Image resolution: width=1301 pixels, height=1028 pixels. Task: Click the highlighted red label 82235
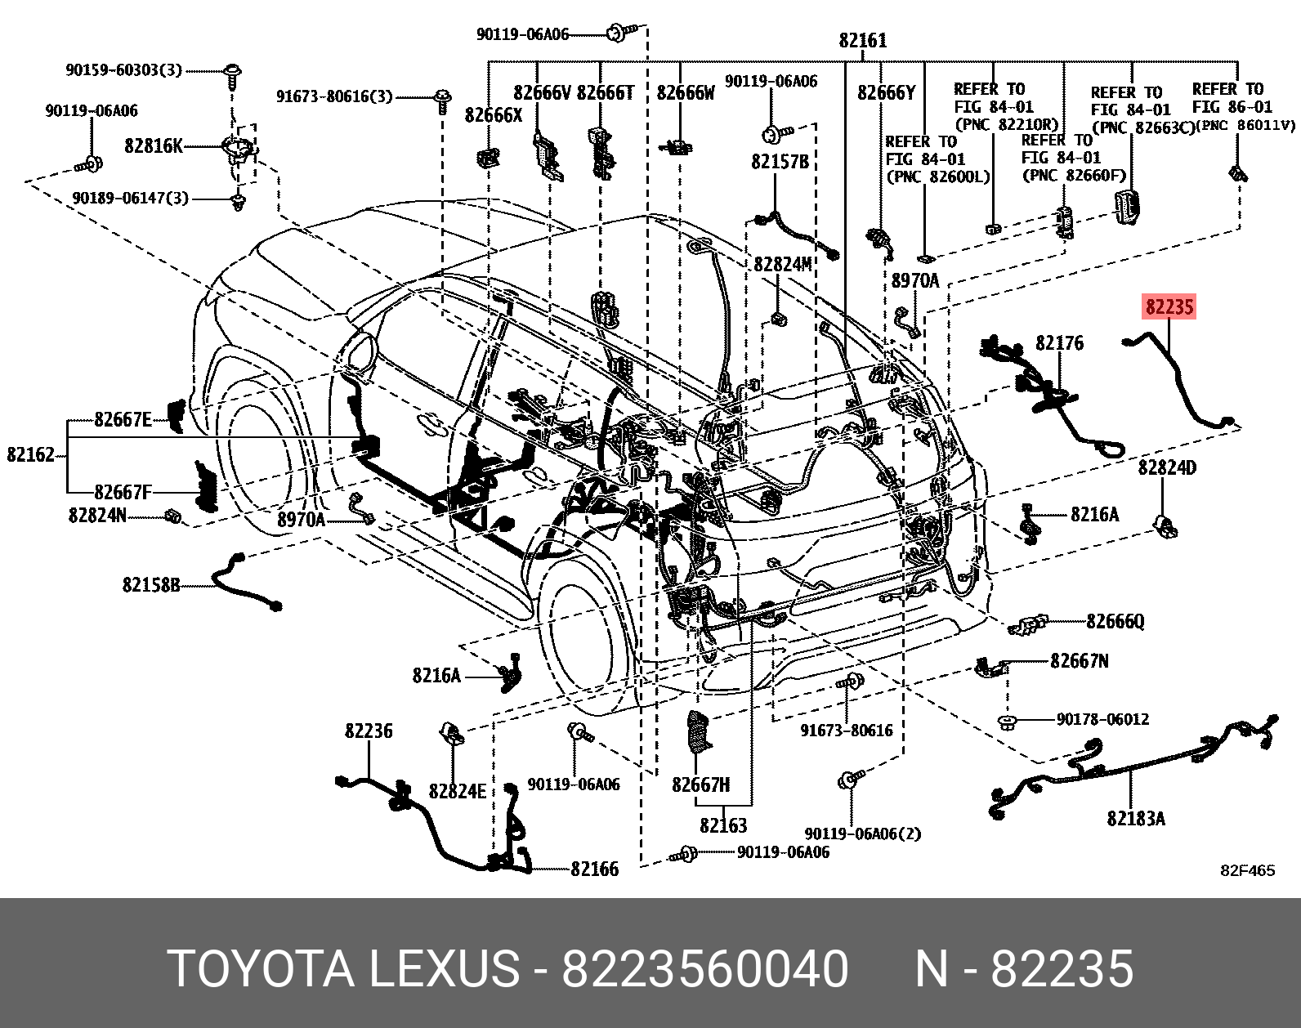tap(1169, 307)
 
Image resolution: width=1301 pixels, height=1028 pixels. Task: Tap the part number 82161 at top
tap(862, 40)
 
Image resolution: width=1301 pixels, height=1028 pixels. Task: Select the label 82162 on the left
tap(30, 454)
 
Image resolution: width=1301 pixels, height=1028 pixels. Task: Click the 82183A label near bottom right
tap(1135, 818)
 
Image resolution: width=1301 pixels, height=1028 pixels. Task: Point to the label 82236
tap(368, 731)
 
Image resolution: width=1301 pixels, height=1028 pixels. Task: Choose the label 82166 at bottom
tap(594, 869)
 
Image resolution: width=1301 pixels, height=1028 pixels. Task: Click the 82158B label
tap(151, 584)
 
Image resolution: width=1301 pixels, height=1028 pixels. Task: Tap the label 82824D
tap(1167, 467)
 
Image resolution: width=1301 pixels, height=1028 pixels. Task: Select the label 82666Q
tap(1115, 622)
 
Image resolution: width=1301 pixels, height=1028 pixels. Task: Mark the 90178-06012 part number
tap(1102, 719)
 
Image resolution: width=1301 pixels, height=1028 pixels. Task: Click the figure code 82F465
tap(1247, 870)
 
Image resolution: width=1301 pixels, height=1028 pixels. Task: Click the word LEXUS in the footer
tap(443, 969)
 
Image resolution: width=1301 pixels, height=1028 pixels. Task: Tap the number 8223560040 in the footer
tap(704, 969)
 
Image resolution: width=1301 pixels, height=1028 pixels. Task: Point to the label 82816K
tap(154, 146)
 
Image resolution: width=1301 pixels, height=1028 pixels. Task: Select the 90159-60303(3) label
tap(123, 70)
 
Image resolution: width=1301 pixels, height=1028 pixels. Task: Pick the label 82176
tap(1059, 343)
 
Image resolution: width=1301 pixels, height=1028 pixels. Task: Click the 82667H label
tap(700, 784)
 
